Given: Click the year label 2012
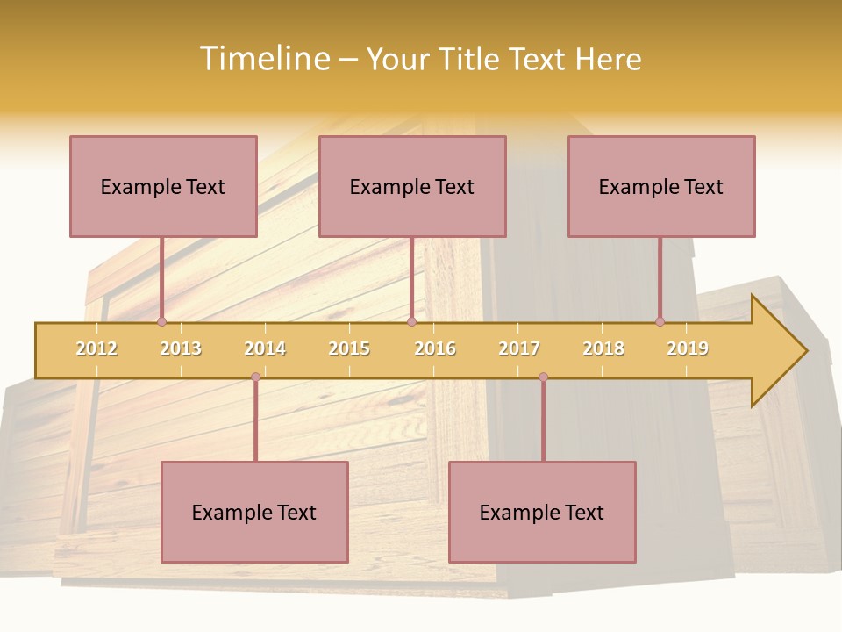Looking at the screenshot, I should [96, 348].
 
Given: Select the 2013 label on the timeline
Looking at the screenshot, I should [181, 348].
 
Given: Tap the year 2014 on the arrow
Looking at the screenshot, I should [265, 348].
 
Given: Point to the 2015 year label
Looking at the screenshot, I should [349, 348].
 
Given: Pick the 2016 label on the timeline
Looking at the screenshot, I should [435, 348].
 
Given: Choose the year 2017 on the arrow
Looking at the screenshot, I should [519, 348].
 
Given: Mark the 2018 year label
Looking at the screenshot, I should [603, 348].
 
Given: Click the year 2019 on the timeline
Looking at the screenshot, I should [688, 348].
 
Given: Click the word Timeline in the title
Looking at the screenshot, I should [264, 59].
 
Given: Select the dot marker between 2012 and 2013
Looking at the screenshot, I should [161, 322].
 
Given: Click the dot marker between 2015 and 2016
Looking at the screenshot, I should [411, 322].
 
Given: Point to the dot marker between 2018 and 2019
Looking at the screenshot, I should [660, 322].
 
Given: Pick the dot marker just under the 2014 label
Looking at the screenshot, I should [255, 377].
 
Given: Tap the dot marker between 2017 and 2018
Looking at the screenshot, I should [543, 377].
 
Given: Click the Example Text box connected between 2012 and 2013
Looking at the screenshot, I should [163, 186].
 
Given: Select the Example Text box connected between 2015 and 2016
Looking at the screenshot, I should [412, 186].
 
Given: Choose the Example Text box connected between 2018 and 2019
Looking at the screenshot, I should [661, 186].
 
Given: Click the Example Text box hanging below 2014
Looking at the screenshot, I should [254, 512].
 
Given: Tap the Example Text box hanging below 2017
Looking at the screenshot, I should [542, 512].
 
